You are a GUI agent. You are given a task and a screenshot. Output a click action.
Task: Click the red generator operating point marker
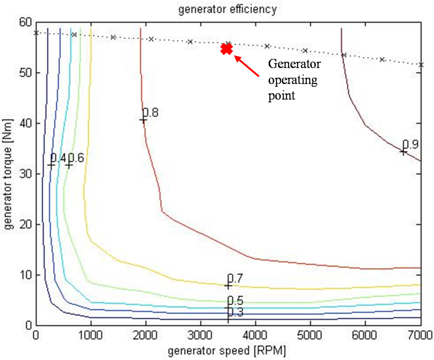tap(227, 49)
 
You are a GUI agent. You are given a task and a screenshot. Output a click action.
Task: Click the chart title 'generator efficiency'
tap(227, 9)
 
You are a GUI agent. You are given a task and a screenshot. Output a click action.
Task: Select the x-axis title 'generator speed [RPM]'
tap(227, 351)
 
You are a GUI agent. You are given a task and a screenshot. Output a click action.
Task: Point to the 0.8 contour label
tap(150, 113)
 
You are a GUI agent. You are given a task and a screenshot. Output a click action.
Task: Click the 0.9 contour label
tap(410, 145)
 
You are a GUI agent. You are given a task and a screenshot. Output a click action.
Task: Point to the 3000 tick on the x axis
tap(200, 335)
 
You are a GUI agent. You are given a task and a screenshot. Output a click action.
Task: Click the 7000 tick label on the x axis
tap(420, 335)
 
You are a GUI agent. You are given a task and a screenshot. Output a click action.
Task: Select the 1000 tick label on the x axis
tap(91, 335)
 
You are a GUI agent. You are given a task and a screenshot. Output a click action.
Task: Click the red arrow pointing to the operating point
tap(247, 66)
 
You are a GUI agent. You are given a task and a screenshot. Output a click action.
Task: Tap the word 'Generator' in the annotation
tap(295, 64)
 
